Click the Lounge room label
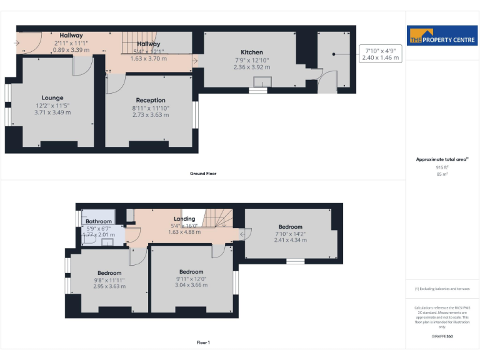click(52, 98)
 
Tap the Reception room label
click(151, 100)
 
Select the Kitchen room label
click(252, 52)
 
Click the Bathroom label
click(99, 221)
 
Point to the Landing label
click(184, 219)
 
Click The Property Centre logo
click(442, 36)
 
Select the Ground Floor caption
click(203, 173)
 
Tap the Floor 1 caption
click(203, 342)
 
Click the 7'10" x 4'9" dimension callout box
click(380, 53)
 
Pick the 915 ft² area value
click(442, 167)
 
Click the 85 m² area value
click(442, 174)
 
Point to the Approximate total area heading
click(442, 160)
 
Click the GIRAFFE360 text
click(442, 336)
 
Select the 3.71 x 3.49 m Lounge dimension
click(52, 112)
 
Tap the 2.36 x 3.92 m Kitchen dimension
click(252, 67)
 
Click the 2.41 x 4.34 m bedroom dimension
click(291, 241)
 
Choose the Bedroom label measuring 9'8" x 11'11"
click(109, 272)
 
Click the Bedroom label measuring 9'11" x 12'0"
click(191, 272)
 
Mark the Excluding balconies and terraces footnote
click(442, 289)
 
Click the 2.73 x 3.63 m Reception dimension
click(151, 115)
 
